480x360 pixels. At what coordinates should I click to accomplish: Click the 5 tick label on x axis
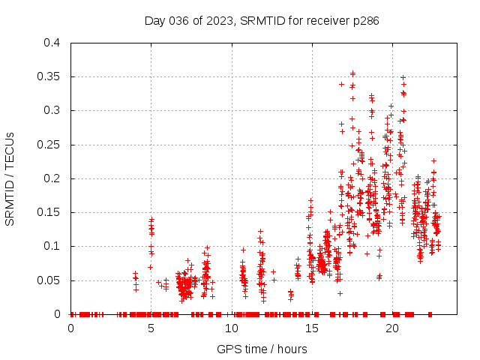tap(151, 328)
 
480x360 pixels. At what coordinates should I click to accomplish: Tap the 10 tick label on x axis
tap(232, 328)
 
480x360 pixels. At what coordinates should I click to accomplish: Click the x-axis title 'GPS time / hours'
tap(262, 349)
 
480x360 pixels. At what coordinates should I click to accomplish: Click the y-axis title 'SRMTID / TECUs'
tap(10, 178)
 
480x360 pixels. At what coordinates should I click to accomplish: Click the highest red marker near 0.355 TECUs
tap(352, 73)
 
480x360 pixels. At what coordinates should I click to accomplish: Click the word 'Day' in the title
tap(154, 21)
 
